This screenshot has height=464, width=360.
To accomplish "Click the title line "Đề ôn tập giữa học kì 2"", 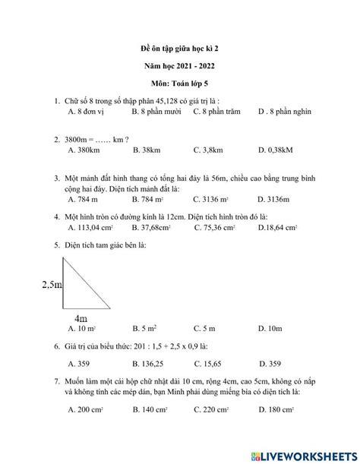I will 179,48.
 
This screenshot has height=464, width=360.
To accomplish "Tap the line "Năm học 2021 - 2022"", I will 179,66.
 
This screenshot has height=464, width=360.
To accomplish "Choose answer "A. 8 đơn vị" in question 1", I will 87,112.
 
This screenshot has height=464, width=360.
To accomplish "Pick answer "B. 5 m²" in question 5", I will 144,329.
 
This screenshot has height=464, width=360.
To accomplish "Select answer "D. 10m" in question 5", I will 270,329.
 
